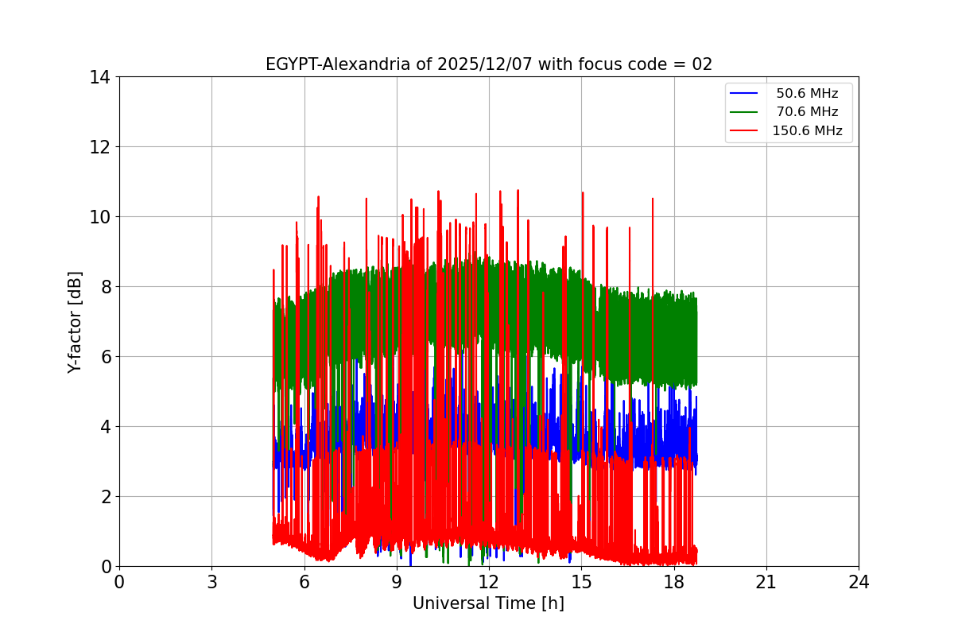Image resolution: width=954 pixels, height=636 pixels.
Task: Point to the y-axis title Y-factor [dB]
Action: tap(75, 322)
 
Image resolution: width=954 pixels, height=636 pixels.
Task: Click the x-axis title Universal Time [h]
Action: tap(488, 603)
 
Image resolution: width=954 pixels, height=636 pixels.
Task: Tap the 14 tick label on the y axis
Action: tap(99, 77)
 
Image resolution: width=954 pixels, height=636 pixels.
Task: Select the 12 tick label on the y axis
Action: tap(99, 147)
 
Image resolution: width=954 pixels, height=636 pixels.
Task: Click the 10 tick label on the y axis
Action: tap(99, 217)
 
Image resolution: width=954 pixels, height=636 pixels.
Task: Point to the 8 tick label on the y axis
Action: tap(104, 287)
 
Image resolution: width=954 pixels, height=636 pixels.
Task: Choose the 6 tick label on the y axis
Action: tap(104, 357)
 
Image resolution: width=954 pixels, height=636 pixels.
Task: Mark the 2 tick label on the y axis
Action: tap(104, 497)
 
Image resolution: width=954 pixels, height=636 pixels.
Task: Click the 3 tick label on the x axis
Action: tap(211, 582)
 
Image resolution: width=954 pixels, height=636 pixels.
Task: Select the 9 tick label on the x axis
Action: tap(397, 582)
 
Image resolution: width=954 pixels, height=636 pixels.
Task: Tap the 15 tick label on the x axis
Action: tap(581, 582)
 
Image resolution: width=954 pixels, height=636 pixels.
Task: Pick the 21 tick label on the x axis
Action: tap(766, 582)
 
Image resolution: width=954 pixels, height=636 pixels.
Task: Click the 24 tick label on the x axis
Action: tap(859, 582)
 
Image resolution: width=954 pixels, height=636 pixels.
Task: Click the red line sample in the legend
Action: tap(746, 131)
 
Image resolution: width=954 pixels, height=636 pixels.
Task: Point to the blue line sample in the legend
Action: tap(746, 94)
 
